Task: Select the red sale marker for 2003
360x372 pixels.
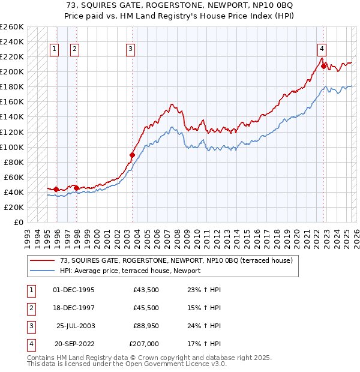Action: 133,155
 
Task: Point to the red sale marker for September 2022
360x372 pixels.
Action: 323,66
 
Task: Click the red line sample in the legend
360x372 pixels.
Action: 42,260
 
